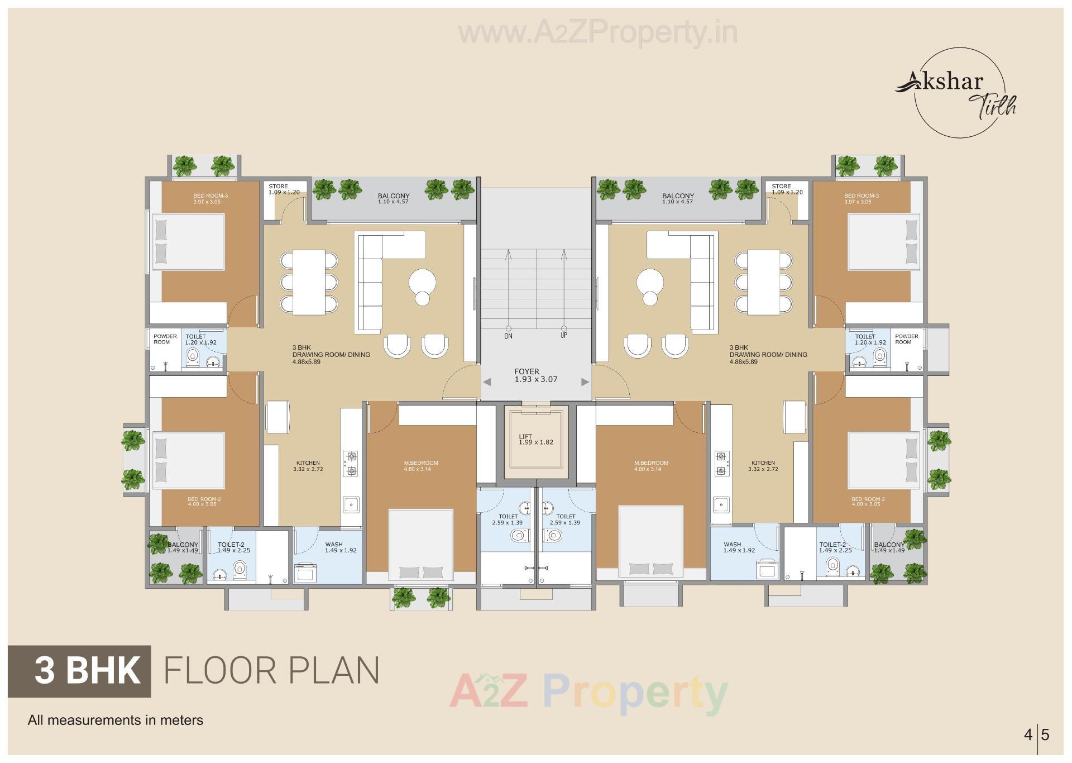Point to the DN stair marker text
click(x=508, y=336)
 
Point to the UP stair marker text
click(x=563, y=336)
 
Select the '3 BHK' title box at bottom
click(x=79, y=671)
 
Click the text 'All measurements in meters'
click(x=116, y=720)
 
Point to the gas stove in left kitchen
click(x=351, y=464)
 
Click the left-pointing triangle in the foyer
click(x=487, y=382)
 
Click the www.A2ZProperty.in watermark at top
click(x=597, y=34)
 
